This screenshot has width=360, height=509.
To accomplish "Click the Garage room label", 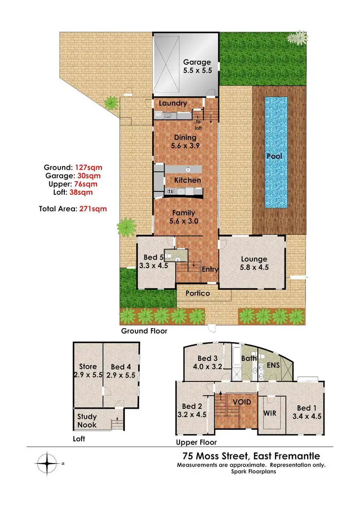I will click(197, 66).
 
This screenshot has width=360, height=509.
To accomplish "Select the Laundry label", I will click(172, 104).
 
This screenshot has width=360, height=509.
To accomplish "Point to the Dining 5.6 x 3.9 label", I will click(185, 141).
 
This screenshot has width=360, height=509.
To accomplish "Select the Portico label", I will click(198, 293).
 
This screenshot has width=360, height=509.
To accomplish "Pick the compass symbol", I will click(48, 464).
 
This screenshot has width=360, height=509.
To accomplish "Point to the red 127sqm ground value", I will click(89, 167).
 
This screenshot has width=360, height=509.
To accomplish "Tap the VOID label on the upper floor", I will click(241, 402).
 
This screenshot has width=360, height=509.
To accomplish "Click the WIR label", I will click(271, 412).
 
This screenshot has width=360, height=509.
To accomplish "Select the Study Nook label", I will click(87, 421).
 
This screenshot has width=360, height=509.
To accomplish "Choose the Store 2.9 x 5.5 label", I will click(88, 371).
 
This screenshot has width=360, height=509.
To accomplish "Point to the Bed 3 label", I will click(208, 363).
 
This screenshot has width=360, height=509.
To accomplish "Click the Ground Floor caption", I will click(144, 331).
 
